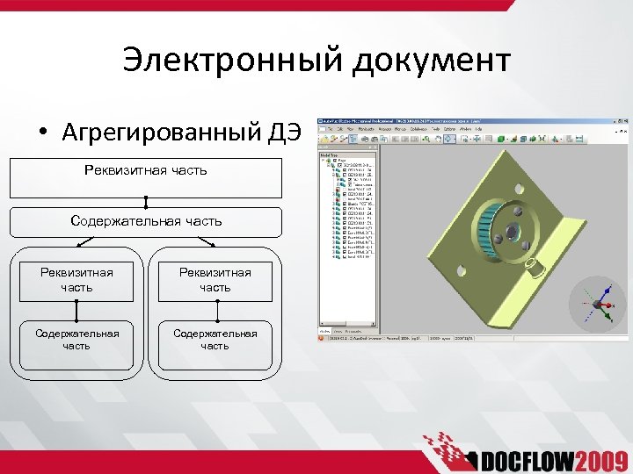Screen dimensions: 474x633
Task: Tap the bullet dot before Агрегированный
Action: (x=42, y=133)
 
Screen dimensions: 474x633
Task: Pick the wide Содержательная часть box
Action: (x=146, y=222)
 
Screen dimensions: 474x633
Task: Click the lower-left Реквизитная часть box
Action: (x=76, y=280)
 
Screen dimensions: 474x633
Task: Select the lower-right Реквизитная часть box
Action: (x=215, y=280)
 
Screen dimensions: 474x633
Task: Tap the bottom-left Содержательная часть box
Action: (x=76, y=340)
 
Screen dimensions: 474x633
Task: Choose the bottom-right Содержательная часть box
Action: (x=215, y=340)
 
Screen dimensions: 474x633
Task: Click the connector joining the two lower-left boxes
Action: (x=76, y=311)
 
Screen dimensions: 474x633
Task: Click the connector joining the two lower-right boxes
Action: (x=215, y=311)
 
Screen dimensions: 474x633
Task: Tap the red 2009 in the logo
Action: (x=599, y=460)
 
